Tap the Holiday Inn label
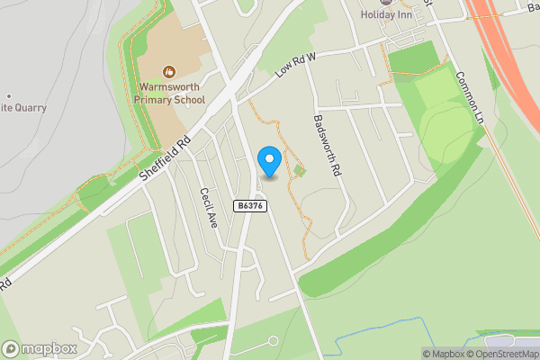(x=391, y=15)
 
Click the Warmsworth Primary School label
(x=172, y=94)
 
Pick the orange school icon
(x=168, y=71)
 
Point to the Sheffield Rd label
(x=167, y=159)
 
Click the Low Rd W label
(x=296, y=65)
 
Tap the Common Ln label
(x=469, y=99)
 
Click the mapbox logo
(x=40, y=348)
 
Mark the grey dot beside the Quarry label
(x=8, y=95)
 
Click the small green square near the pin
(x=299, y=170)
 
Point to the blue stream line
(x=396, y=341)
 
